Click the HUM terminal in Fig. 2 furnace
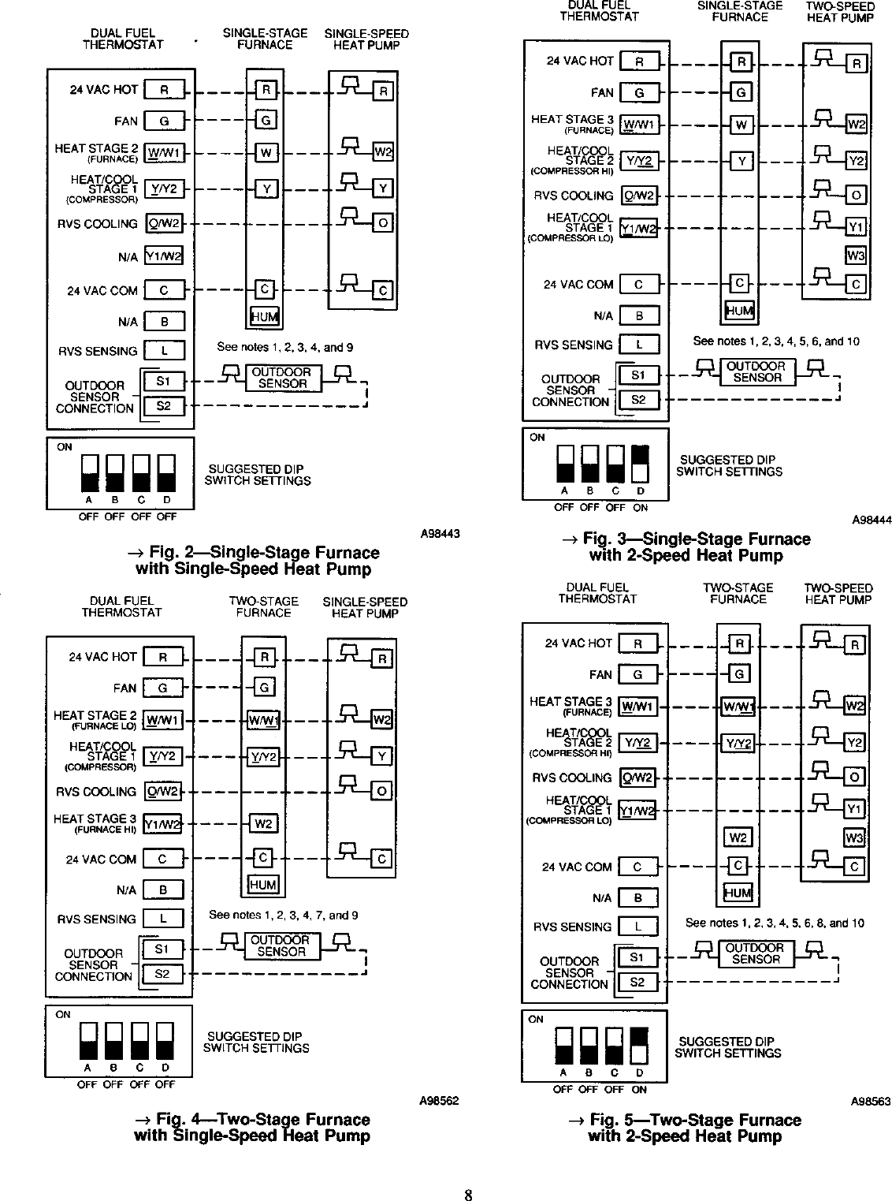[265, 317]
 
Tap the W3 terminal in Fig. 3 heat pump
[855, 255]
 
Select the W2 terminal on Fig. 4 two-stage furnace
[263, 824]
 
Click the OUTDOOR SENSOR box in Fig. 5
[755, 953]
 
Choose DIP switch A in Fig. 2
[89, 472]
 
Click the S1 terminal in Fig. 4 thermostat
[162, 949]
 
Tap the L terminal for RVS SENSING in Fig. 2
[164, 350]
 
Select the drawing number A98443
[439, 535]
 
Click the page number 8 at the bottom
[467, 1194]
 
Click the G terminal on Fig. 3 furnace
[741, 92]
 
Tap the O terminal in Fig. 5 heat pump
[854, 777]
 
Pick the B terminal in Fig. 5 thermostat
[637, 897]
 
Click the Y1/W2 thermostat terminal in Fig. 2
[164, 257]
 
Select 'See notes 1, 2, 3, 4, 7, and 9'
[283, 916]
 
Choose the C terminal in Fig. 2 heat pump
[382, 291]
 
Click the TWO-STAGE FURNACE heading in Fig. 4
[263, 606]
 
